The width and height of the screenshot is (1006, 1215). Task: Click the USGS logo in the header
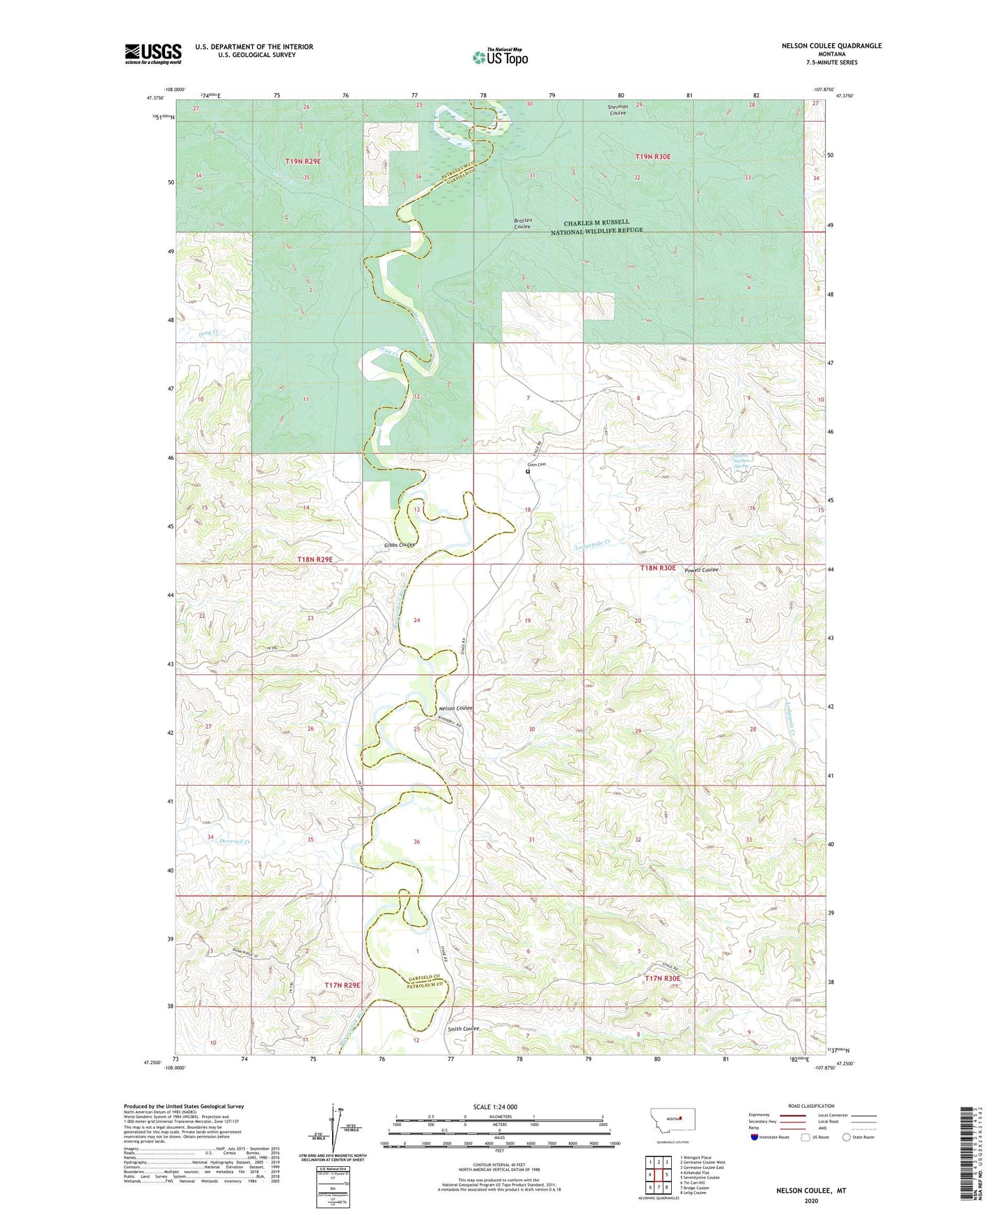(152, 54)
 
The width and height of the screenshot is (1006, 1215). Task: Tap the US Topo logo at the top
(500, 57)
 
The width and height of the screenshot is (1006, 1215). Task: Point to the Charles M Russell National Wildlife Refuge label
(596, 227)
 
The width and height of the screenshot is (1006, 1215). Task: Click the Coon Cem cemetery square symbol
(528, 471)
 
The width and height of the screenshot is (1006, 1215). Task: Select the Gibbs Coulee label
(399, 545)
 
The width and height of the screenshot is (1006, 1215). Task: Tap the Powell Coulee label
(701, 570)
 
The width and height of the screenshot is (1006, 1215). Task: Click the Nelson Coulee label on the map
(455, 708)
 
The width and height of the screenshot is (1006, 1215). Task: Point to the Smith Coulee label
(464, 1029)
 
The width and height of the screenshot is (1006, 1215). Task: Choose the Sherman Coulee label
(618, 110)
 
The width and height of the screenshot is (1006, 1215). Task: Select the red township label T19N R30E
(653, 157)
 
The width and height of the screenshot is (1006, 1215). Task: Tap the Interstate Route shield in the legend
(754, 1138)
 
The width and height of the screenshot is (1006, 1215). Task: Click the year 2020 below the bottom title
(810, 1200)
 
